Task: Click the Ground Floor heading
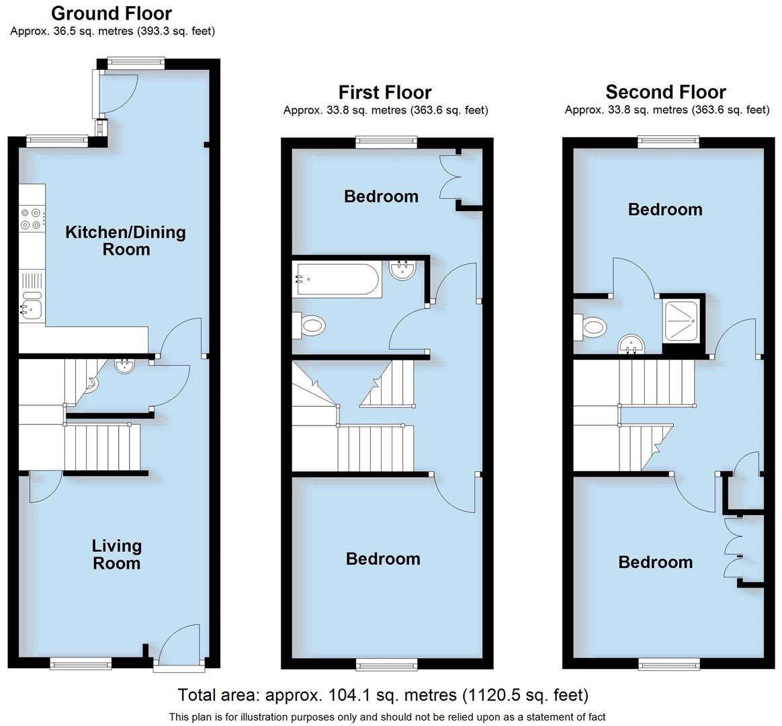(x=112, y=13)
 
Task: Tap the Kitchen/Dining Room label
(x=125, y=241)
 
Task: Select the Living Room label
(x=116, y=555)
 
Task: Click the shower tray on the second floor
(x=683, y=320)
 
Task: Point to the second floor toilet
(x=591, y=328)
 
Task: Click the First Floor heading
(x=385, y=92)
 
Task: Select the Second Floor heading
(x=666, y=92)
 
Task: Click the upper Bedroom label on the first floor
(x=381, y=196)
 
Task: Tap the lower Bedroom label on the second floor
(x=655, y=562)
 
